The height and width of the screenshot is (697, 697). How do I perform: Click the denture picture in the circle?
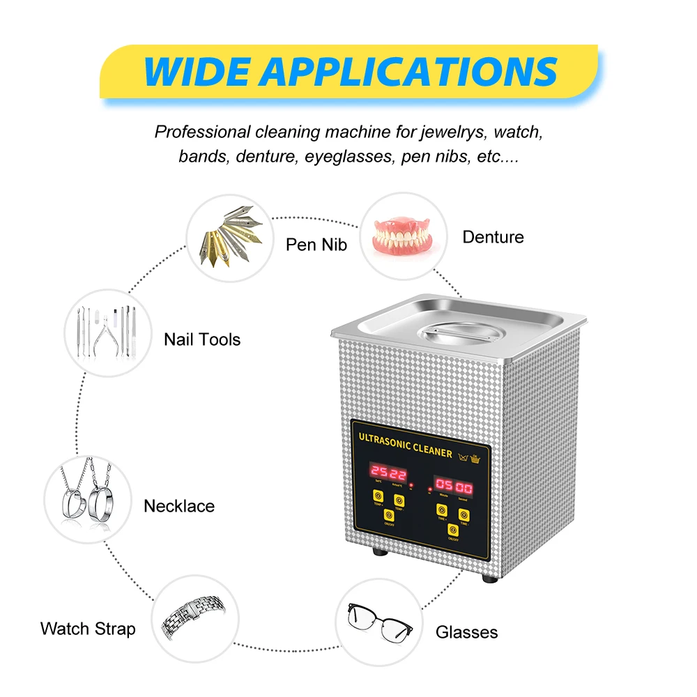click(401, 237)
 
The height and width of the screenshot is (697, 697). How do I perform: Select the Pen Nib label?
click(316, 245)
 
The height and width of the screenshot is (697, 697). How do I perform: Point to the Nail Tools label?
click(202, 339)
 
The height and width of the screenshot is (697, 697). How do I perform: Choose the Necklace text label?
click(179, 506)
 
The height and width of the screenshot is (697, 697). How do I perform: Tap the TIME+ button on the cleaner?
click(442, 510)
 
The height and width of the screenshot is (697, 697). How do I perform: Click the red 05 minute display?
click(445, 487)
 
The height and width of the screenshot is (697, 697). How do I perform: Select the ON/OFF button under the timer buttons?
click(452, 530)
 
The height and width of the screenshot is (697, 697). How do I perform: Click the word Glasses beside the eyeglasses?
click(466, 632)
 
